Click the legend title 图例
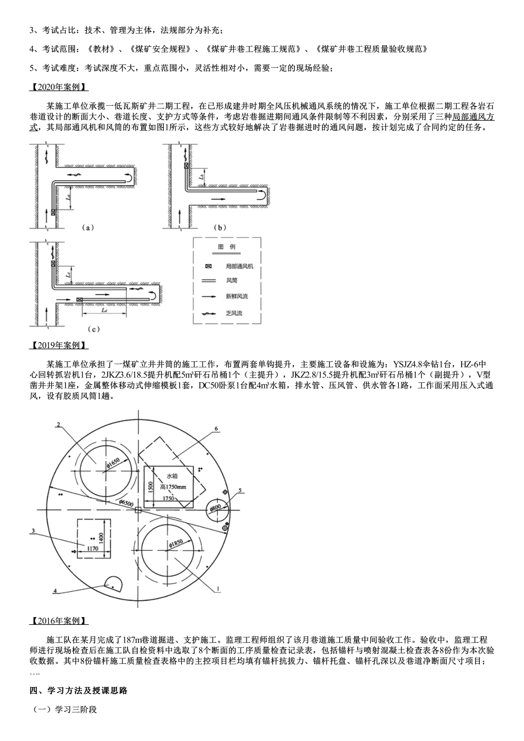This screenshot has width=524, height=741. [227, 247]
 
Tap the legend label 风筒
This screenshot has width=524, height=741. [232, 280]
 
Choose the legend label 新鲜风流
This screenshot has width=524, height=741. [237, 296]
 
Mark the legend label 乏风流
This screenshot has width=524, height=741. [234, 313]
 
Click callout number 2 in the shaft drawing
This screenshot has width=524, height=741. [57, 424]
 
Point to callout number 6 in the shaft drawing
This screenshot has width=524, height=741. [216, 428]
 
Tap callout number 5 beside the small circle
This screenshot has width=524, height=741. [240, 489]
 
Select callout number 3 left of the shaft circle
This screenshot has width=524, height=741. [34, 531]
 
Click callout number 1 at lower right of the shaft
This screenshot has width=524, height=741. [219, 589]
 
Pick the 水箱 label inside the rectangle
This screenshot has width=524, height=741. [172, 475]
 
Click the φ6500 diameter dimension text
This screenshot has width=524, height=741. [127, 502]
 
